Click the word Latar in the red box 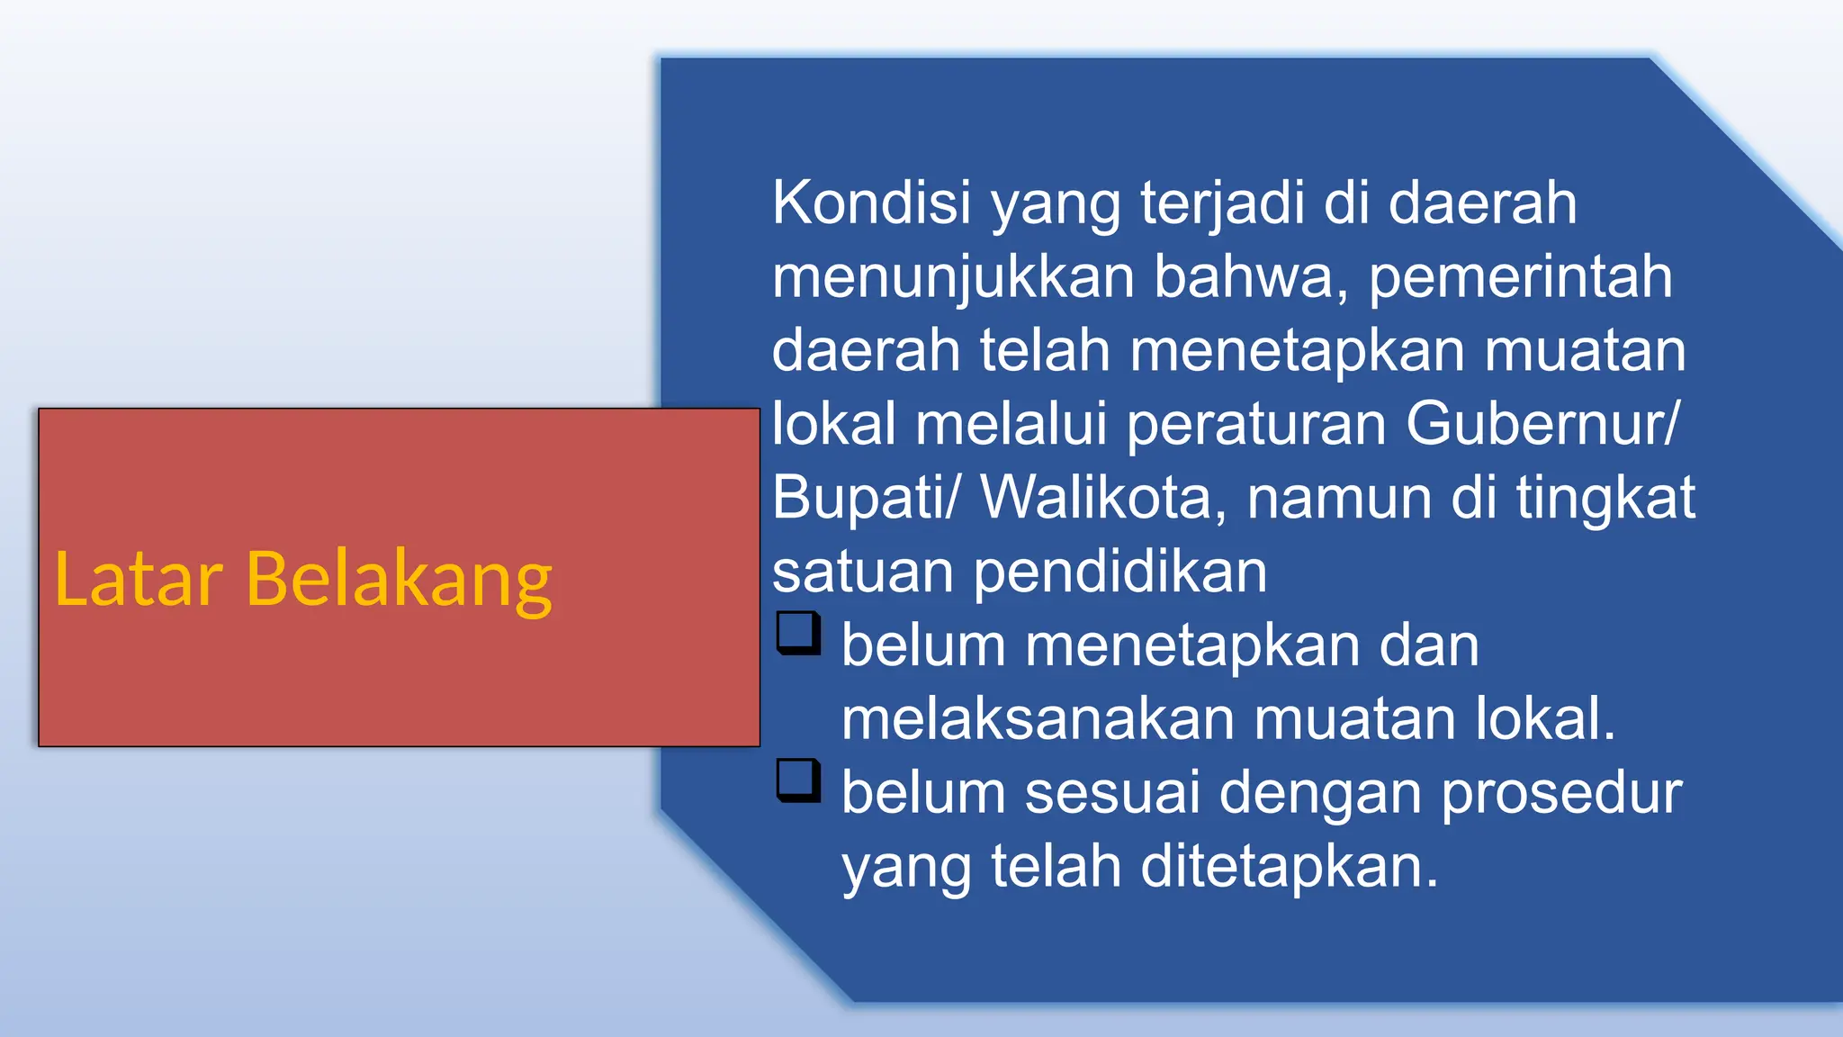pos(139,579)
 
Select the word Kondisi pos(871,203)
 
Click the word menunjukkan pos(953,276)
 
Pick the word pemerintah pos(1520,276)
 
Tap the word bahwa pos(1251,276)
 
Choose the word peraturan pos(1256,424)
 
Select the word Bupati pos(859,498)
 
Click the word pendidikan pos(1119,572)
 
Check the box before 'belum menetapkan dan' pos(798,633)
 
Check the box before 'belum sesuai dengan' pos(798,780)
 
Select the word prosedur pos(1562,793)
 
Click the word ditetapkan pos(1289,867)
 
